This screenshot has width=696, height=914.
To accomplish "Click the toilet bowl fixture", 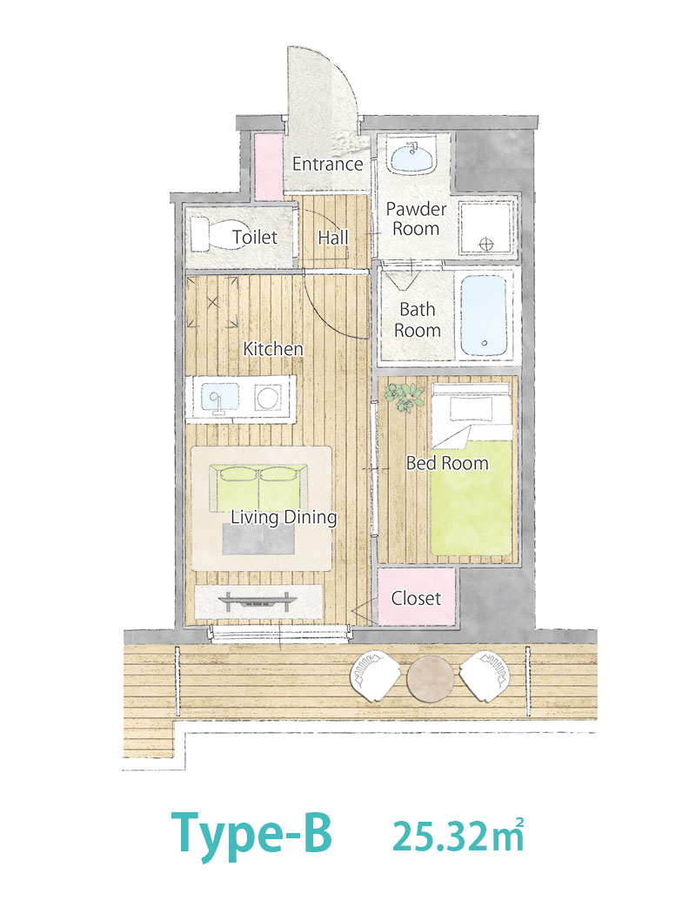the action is [x=218, y=234].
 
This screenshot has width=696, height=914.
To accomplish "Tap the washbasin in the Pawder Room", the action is [x=412, y=158].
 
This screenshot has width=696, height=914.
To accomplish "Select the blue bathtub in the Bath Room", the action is [x=484, y=315].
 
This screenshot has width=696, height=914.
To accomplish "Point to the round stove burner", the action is [x=268, y=399].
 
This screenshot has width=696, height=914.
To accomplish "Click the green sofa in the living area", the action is [x=258, y=488].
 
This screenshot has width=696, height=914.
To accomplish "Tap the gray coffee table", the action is [x=258, y=539].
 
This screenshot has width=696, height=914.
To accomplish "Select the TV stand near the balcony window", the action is [x=258, y=601].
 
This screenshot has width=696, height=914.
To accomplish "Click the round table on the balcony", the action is [x=430, y=678].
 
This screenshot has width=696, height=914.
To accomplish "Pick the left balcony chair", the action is [x=375, y=677].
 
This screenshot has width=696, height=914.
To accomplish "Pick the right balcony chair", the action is [x=485, y=676].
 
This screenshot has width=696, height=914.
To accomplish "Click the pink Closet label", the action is [x=416, y=598].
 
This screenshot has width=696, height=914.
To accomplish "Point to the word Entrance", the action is [x=327, y=164].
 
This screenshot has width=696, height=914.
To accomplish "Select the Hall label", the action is [x=332, y=238].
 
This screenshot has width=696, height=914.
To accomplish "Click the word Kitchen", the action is [x=273, y=348].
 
